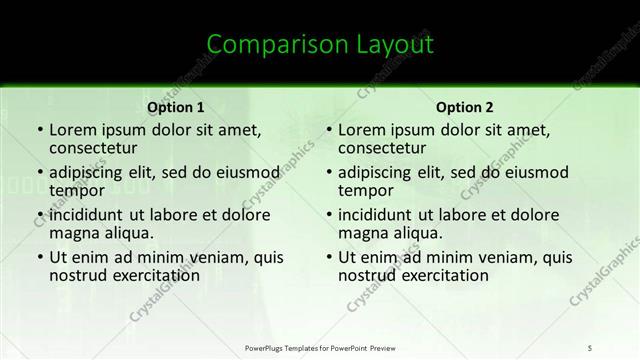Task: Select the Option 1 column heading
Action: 176,107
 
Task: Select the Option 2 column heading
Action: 464,107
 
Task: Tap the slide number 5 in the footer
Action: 590,347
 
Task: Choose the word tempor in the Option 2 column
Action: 365,190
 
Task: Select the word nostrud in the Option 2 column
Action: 366,275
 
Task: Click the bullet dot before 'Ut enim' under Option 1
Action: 38,258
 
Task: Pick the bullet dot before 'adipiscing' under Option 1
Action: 38,172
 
